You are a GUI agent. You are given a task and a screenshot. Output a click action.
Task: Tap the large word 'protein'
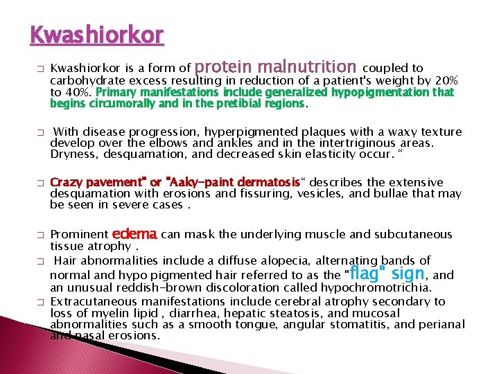(224, 67)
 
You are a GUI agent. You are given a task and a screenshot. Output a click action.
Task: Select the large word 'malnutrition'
(306, 67)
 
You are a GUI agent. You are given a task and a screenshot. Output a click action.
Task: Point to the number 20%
(446, 80)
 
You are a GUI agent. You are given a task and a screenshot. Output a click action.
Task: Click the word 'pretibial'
(234, 103)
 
